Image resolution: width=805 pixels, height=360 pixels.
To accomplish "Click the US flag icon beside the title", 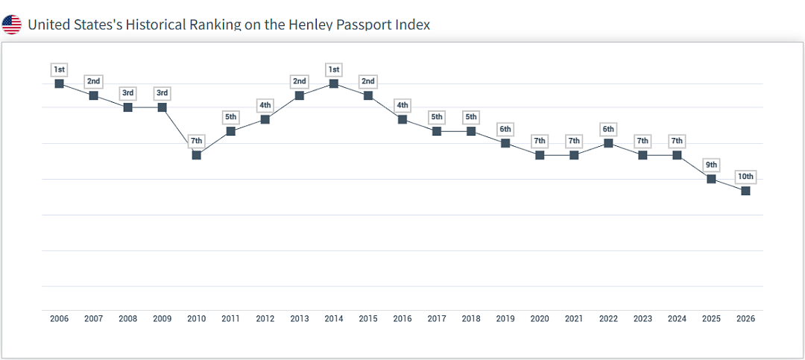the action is click(11, 24).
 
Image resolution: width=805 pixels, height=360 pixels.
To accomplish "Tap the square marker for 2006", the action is click(59, 83).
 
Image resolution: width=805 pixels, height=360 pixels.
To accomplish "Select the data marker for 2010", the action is click(196, 154).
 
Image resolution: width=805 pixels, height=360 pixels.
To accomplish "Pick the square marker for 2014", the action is click(334, 83).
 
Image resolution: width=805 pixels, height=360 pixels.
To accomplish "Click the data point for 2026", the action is click(745, 191).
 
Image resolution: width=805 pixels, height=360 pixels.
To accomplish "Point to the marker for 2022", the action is click(608, 143).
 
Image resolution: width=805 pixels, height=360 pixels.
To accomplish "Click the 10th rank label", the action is click(745, 177).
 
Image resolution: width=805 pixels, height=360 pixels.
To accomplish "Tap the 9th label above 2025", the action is click(711, 165).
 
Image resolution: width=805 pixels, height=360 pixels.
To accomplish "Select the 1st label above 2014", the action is click(334, 69).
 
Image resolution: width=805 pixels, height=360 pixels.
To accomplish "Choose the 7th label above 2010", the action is click(196, 141).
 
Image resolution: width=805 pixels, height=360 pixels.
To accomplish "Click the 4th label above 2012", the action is click(265, 105).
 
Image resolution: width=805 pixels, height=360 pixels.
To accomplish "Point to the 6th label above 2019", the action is click(505, 130).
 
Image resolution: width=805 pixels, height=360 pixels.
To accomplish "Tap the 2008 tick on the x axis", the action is click(128, 319).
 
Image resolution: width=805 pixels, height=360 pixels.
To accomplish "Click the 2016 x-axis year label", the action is click(402, 319).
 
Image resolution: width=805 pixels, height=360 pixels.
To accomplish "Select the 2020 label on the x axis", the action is click(540, 319).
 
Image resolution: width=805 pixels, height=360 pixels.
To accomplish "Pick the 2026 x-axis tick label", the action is click(745, 319).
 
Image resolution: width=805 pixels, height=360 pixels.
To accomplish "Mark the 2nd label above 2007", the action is click(93, 81).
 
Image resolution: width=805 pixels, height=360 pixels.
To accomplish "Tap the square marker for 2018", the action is click(471, 131).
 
